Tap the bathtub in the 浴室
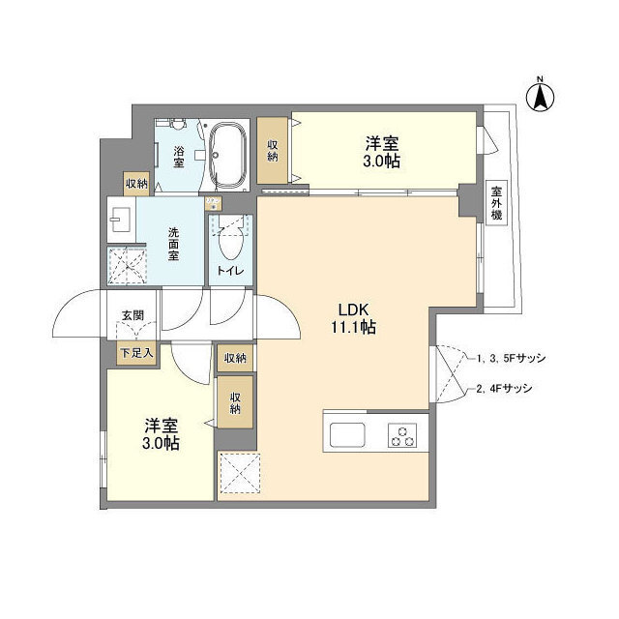click(x=229, y=155)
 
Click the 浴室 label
click(x=179, y=158)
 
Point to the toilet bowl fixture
click(x=231, y=237)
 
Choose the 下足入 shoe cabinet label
click(x=135, y=354)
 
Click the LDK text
click(x=351, y=309)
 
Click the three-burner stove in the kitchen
click(x=402, y=434)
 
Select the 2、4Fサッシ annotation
click(x=505, y=390)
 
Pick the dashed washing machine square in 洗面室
click(x=126, y=265)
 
